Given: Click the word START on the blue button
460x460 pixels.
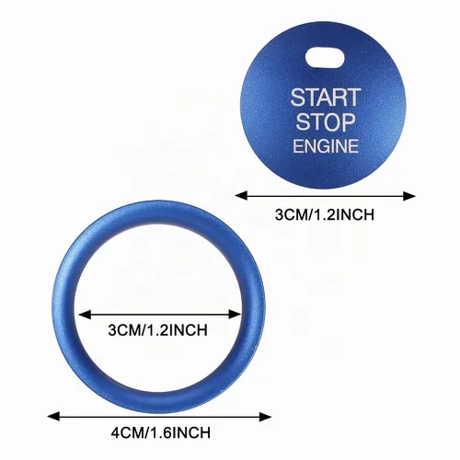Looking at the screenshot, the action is (326, 98).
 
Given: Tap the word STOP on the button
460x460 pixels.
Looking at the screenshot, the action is (326, 121).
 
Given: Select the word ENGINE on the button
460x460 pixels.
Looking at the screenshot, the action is (326, 145).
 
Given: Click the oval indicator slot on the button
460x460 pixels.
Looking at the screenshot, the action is (325, 57).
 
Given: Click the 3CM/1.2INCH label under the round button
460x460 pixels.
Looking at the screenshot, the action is (325, 214).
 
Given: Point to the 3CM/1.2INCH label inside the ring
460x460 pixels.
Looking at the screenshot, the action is (157, 330).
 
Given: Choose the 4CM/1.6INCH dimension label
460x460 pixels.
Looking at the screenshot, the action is (161, 432).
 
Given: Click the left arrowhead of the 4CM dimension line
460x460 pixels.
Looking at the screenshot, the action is (53, 417).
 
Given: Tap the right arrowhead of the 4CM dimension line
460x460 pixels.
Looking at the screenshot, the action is (265, 417).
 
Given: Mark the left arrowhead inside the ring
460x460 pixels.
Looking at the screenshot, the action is (85, 315).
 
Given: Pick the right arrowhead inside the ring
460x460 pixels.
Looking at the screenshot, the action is (236, 315).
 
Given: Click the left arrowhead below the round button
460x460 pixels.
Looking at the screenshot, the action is (241, 196).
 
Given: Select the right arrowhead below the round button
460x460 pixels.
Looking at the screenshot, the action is (409, 196).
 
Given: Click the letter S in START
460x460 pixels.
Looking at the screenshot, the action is (297, 98).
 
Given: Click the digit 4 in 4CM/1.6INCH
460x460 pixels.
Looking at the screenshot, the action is (115, 432).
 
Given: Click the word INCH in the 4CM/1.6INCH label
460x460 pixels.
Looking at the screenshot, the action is (190, 432).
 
